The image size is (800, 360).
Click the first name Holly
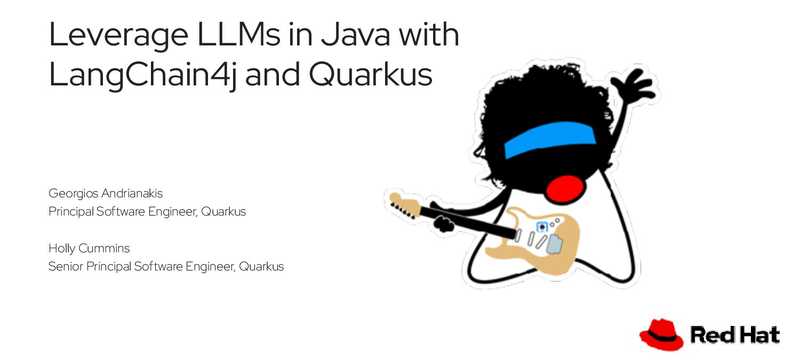coord(63,246)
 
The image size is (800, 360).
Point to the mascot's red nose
coord(567,186)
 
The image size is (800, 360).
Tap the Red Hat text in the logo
coord(736,334)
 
